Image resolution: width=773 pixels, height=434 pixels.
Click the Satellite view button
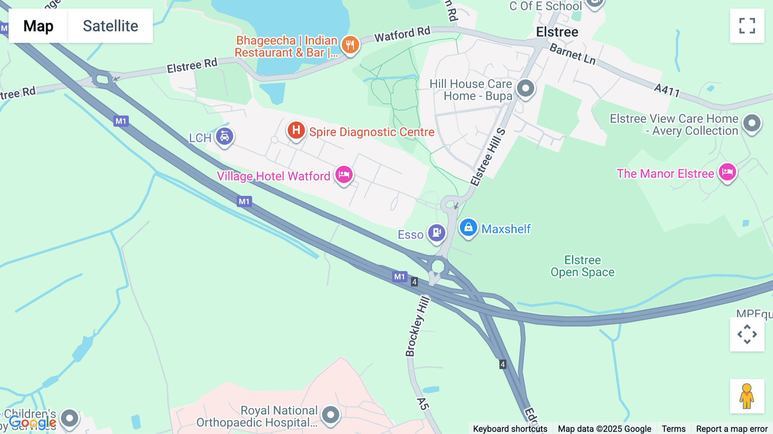(x=110, y=26)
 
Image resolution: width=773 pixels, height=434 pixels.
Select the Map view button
(x=38, y=26)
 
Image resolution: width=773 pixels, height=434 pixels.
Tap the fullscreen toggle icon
(x=747, y=26)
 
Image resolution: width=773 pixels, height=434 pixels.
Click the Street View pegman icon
(x=747, y=396)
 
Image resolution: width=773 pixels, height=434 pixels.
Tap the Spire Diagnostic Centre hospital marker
(x=296, y=130)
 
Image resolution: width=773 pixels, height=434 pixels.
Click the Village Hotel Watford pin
(x=344, y=174)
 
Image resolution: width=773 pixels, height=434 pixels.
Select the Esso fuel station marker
(x=437, y=232)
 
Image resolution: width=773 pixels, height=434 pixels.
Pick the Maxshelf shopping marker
(x=468, y=227)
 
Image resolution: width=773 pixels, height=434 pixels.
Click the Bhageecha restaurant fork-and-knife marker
(x=350, y=45)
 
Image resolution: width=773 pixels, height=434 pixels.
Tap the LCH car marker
(x=224, y=136)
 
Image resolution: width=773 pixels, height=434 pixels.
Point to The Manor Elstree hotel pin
(x=727, y=172)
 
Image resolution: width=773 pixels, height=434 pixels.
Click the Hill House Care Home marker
(x=525, y=88)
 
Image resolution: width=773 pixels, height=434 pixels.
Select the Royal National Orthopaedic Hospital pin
(x=330, y=415)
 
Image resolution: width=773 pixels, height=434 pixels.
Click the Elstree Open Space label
(x=582, y=266)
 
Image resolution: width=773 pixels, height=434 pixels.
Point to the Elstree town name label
(x=557, y=32)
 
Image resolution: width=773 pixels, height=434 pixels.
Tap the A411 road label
(x=666, y=90)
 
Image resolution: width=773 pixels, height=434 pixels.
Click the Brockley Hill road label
(x=417, y=326)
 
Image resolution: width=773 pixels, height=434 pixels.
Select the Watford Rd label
(x=402, y=34)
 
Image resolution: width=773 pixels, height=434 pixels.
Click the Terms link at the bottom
(x=673, y=428)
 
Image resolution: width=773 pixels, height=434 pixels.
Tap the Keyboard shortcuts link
(x=510, y=428)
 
